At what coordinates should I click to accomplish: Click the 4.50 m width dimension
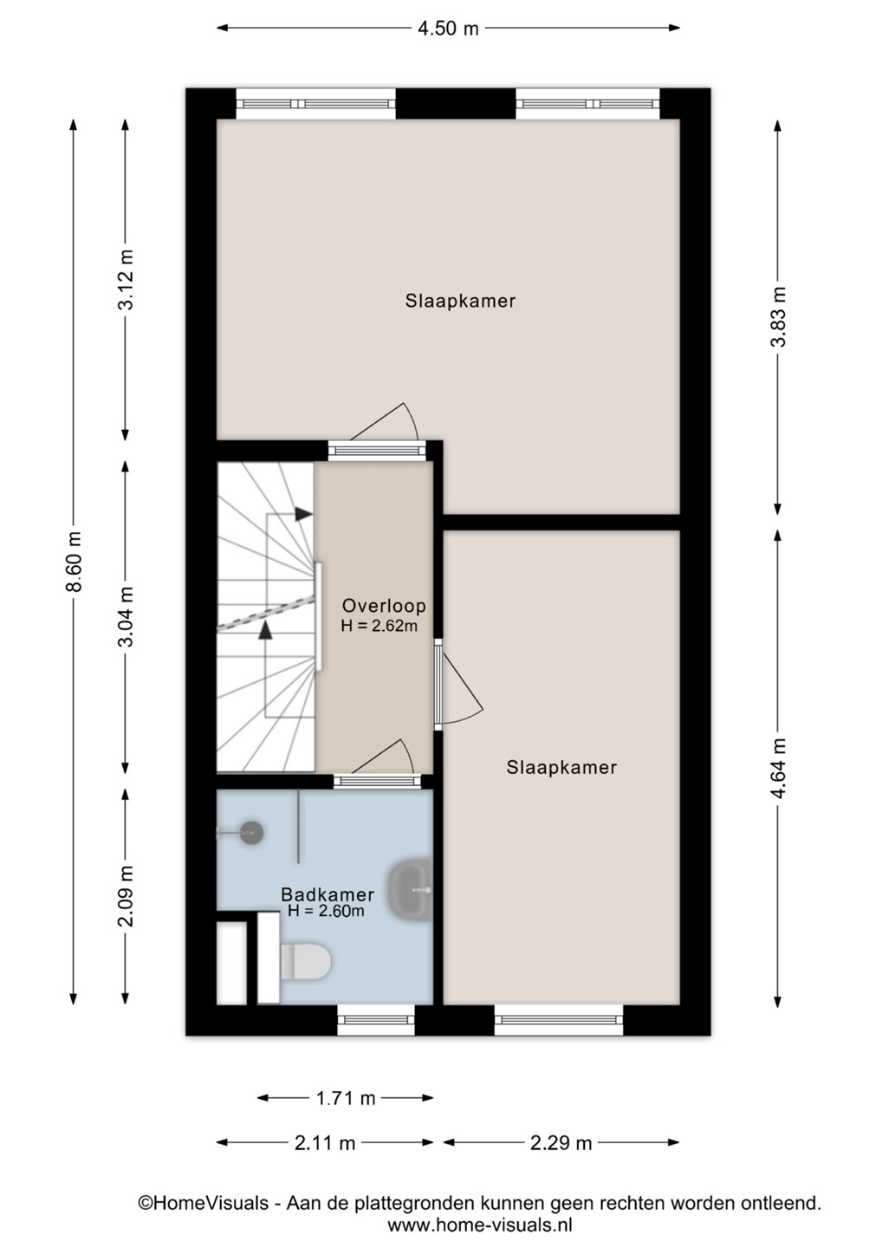coord(448,29)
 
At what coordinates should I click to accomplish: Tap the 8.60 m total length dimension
coord(74,561)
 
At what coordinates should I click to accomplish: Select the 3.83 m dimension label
coord(778,317)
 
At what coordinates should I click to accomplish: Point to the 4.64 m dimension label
coord(778,768)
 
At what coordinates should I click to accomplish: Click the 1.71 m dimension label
coord(346,1099)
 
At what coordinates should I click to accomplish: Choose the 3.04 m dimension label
coord(126,616)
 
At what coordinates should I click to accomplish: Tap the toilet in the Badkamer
coord(305,962)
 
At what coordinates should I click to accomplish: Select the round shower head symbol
coord(251,833)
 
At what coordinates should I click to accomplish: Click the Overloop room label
coord(384,606)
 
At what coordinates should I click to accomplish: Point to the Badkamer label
coord(328,894)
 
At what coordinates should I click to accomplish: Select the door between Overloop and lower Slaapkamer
coord(460,684)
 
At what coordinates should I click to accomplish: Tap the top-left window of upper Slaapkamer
coord(315,104)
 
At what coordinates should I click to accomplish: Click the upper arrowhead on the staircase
coord(303,514)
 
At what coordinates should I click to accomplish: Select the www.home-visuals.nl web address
coord(480,1225)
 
